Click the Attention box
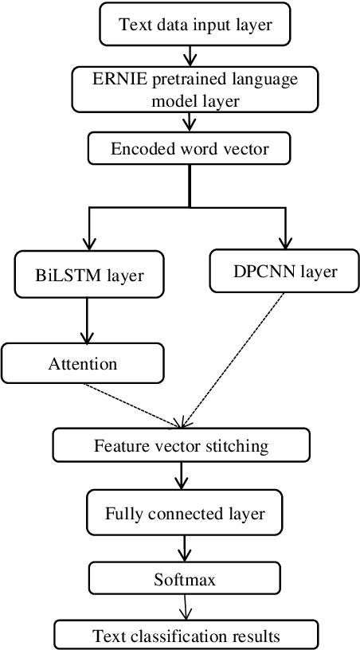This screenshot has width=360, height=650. pyautogui.click(x=83, y=364)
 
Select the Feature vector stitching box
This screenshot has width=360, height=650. pyautogui.click(x=182, y=445)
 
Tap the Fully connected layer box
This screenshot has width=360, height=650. pyautogui.click(x=184, y=514)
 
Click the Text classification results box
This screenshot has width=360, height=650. pyautogui.click(x=186, y=636)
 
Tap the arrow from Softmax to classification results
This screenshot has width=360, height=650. pyautogui.click(x=185, y=607)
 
